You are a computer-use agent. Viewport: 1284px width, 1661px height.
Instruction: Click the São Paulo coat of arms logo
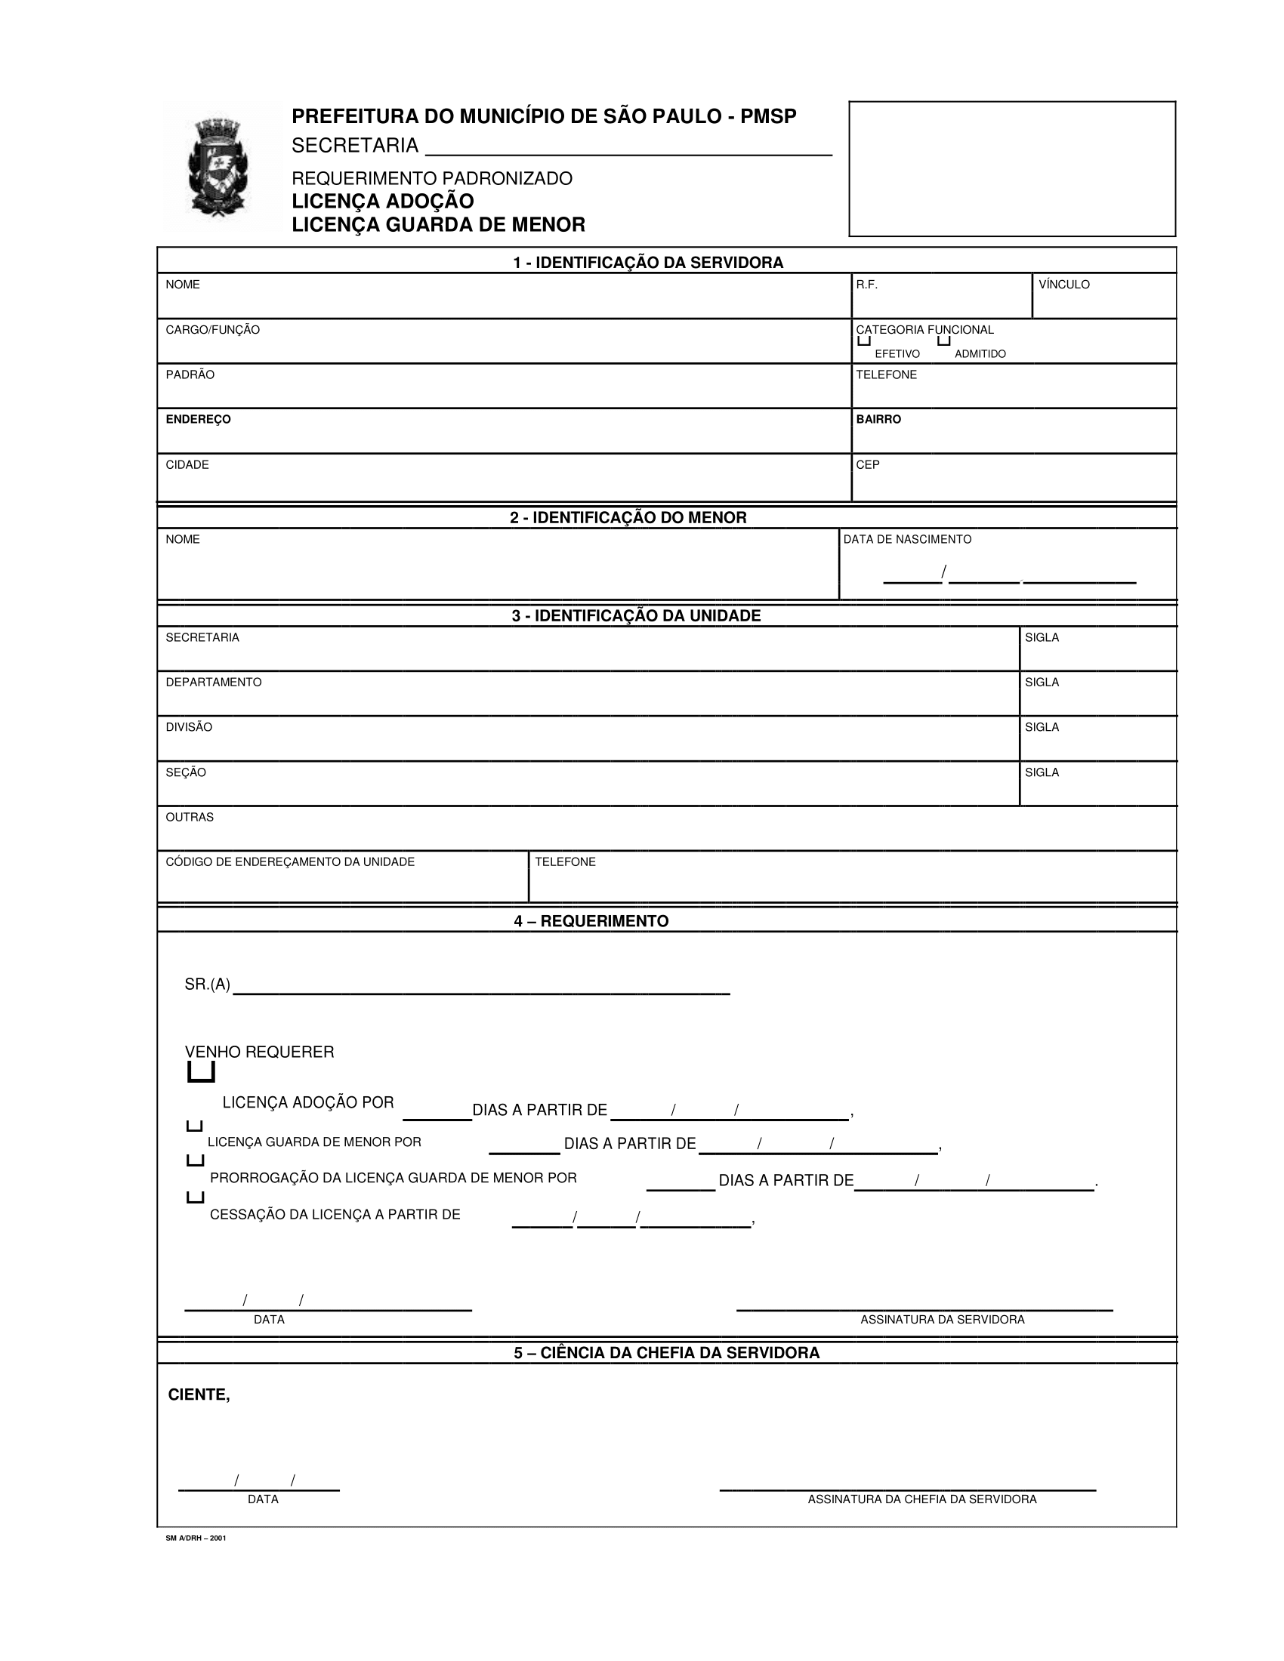click(218, 168)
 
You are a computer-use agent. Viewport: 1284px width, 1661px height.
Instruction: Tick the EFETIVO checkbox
click(863, 341)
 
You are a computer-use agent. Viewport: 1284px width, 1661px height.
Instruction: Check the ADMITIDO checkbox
click(944, 341)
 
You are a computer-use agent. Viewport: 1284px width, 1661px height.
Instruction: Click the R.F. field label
click(866, 285)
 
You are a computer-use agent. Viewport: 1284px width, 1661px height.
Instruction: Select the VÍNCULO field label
click(1063, 285)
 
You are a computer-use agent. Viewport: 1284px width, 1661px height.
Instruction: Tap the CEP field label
click(867, 464)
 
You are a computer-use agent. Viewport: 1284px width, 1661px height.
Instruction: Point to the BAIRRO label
click(878, 419)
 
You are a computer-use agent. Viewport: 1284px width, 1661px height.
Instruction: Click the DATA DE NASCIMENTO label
click(906, 539)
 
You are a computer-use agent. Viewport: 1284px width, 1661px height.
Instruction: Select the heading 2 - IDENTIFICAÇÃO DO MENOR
click(628, 518)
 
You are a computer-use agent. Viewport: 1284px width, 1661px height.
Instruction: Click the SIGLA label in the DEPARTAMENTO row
click(1042, 683)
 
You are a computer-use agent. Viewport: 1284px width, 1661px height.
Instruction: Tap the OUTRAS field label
click(190, 817)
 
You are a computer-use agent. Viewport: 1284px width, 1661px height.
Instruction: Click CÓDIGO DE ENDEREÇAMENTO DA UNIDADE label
click(290, 861)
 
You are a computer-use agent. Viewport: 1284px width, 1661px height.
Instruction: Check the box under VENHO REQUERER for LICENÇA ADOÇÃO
click(201, 1073)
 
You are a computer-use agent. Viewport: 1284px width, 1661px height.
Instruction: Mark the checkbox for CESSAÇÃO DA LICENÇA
click(195, 1198)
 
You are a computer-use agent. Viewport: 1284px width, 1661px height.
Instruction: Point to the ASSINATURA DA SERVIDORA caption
click(942, 1320)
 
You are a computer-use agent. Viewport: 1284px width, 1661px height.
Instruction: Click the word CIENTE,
click(199, 1394)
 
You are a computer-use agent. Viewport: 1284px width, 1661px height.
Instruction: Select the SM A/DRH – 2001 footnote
click(196, 1538)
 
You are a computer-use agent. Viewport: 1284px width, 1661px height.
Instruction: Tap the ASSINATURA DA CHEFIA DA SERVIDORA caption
click(922, 1499)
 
